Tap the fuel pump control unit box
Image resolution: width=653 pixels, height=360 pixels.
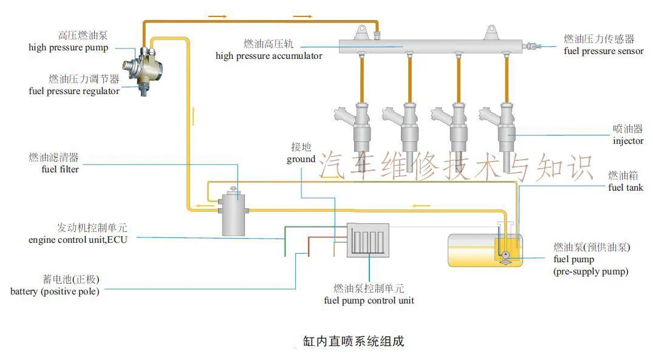coord(368,240)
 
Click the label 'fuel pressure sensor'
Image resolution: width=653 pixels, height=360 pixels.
coord(603,51)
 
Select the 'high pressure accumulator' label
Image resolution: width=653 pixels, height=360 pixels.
coord(268,56)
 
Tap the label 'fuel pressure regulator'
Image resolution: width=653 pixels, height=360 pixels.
coord(74,91)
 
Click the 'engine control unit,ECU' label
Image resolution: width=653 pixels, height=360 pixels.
coord(78,240)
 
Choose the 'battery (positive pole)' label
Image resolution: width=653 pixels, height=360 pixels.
coord(55,291)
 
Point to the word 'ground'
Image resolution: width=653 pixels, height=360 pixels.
coord(301,159)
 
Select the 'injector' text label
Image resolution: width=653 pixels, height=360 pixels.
coord(628,141)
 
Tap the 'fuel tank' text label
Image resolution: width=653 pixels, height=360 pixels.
coord(626,188)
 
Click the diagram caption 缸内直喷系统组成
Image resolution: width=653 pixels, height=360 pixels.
coord(353,341)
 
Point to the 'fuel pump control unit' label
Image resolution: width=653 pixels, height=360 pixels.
coord(369,301)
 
